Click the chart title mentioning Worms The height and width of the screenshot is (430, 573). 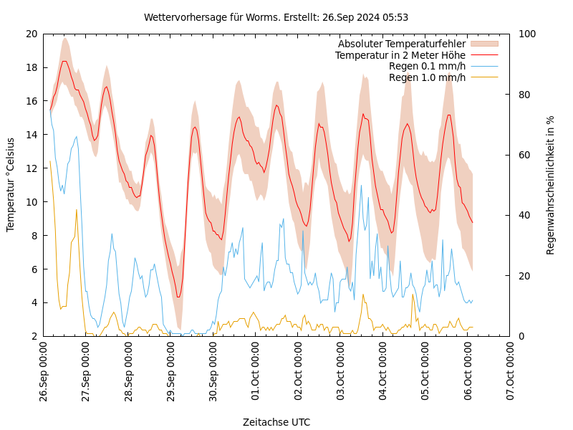click(x=276, y=17)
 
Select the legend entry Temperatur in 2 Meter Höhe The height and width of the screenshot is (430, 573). click(x=400, y=55)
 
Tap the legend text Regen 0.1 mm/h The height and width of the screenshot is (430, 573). click(x=427, y=67)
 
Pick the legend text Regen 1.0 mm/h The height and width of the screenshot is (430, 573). click(x=427, y=77)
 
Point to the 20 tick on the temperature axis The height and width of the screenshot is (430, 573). click(x=31, y=34)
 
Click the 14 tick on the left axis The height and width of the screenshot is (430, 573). click(x=31, y=135)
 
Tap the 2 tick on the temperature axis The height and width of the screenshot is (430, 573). click(x=34, y=336)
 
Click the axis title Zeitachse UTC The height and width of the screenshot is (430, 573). click(x=276, y=422)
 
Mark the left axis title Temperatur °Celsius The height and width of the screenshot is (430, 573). click(x=11, y=185)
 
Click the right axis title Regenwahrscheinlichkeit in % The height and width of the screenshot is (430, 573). click(x=551, y=185)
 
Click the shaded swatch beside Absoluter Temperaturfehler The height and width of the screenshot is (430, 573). click(x=483, y=44)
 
